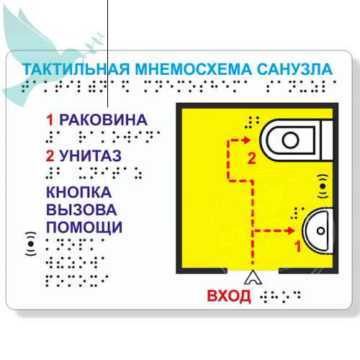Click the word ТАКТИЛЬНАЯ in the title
76,69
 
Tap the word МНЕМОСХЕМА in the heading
194,69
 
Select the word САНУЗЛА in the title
294,69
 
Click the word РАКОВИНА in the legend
103,120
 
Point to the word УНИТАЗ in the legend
90,156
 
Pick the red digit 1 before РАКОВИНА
50,120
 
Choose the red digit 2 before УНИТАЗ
50,156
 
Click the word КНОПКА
78,192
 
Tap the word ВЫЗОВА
81,210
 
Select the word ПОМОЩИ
84,227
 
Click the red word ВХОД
229,296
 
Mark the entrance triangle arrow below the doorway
253,278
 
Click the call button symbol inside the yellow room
323,186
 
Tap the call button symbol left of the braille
31,243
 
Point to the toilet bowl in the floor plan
297,140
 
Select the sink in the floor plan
318,230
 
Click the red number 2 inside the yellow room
251,158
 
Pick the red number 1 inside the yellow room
297,246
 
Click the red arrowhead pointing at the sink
292,230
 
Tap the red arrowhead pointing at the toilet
247,140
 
